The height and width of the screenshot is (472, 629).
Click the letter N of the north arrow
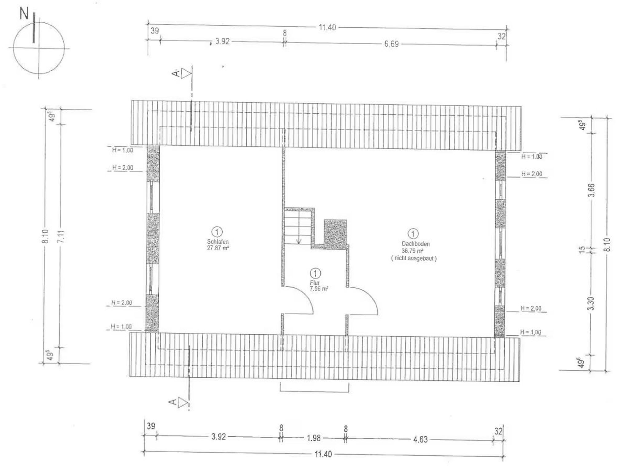point(24,14)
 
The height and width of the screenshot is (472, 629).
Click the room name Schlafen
point(218,242)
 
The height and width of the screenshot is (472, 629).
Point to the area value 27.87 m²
point(218,248)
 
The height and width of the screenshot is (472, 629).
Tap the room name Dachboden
point(416,244)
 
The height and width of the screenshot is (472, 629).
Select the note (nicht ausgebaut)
point(414,258)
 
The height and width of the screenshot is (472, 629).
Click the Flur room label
point(315,283)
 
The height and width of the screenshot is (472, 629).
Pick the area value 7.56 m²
point(319,289)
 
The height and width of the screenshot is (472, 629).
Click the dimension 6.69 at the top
point(392,44)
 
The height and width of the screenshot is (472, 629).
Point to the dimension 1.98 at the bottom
point(314,438)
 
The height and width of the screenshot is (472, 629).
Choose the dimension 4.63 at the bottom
point(420,439)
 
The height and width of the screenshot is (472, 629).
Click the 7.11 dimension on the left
point(61,236)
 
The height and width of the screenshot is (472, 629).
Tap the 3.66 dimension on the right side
point(592,190)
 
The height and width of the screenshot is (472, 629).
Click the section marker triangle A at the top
point(186,74)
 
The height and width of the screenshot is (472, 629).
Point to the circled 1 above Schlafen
point(217,232)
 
